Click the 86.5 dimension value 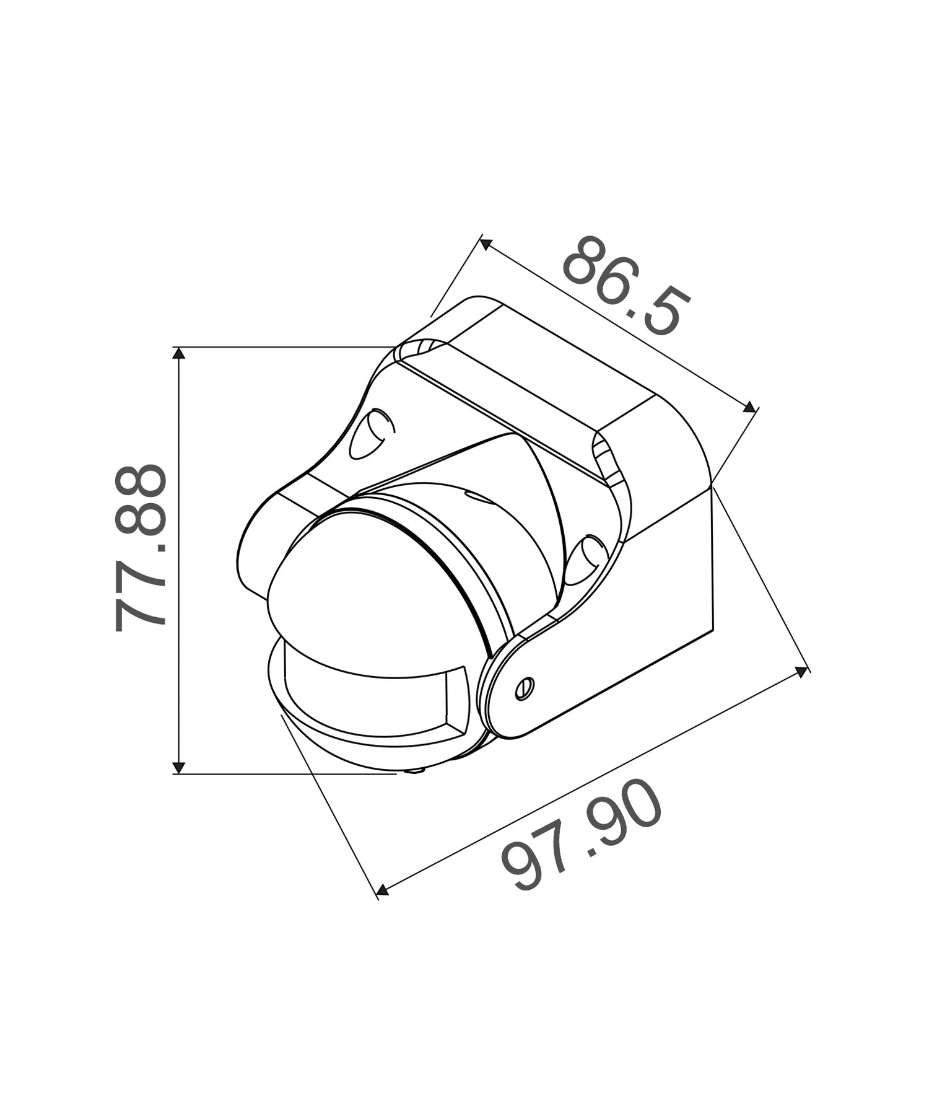625,286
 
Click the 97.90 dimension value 582,835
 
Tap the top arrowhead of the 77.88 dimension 178,354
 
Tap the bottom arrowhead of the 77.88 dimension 178,767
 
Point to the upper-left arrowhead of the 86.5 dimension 486,244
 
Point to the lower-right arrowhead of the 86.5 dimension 749,407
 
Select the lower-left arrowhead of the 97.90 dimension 383,890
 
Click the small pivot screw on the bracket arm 524,688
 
